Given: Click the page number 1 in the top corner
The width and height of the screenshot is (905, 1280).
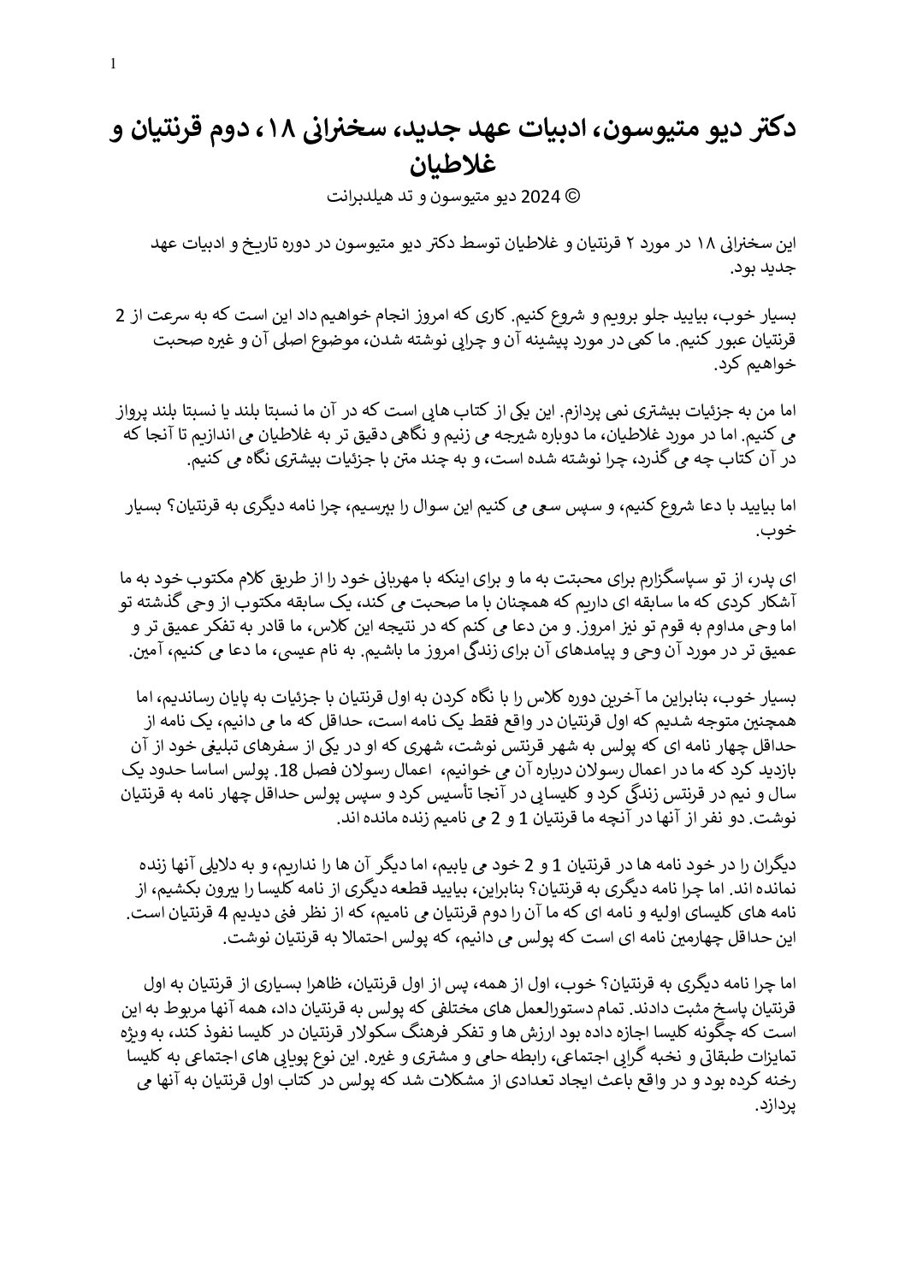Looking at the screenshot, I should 114,64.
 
